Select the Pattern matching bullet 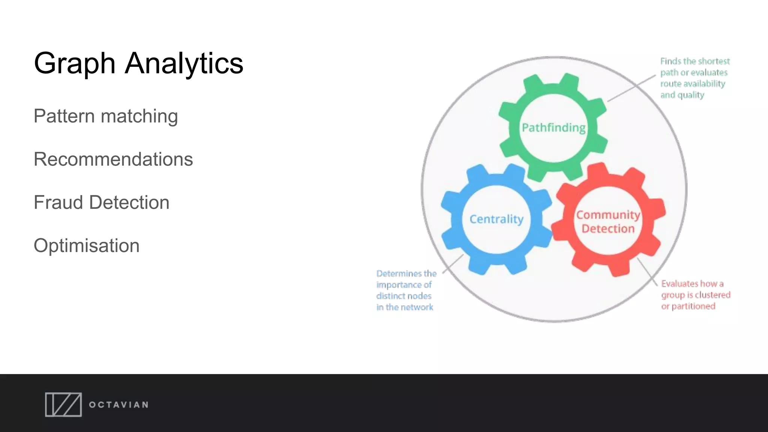(x=105, y=116)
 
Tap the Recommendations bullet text (x=113, y=159)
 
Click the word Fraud (x=58, y=202)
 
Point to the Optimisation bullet (x=86, y=246)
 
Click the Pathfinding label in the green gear (x=553, y=128)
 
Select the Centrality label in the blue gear (x=496, y=219)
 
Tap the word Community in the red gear (x=608, y=215)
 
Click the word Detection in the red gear (x=608, y=229)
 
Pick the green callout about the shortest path (x=694, y=78)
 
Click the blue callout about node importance (x=406, y=290)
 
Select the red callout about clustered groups (x=695, y=295)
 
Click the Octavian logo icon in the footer (x=63, y=405)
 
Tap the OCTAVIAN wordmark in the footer (x=118, y=405)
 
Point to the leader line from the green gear (x=631, y=88)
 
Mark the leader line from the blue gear (x=453, y=264)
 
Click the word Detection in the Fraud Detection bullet (x=129, y=202)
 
